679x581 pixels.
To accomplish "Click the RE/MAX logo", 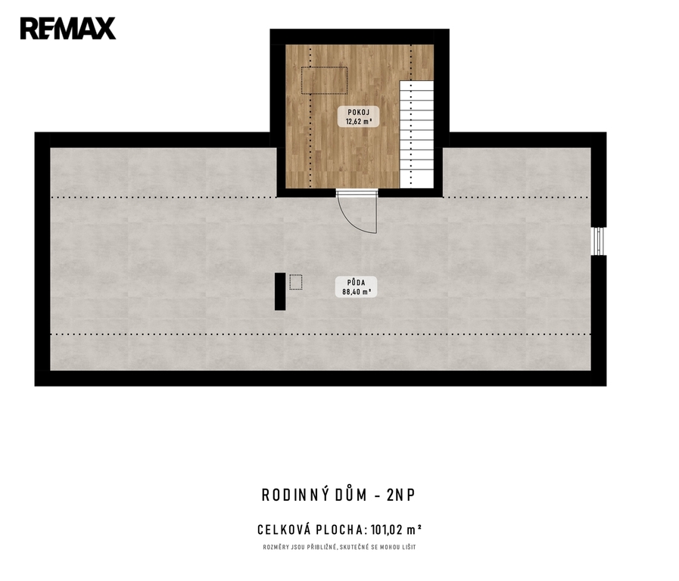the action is [68, 29].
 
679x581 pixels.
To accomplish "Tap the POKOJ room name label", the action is [359, 113].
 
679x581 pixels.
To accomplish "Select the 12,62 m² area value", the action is [359, 122].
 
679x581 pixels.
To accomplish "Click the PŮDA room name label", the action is [356, 282].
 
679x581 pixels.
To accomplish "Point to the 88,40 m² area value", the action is [357, 292].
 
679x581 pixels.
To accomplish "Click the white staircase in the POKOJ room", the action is [416, 134].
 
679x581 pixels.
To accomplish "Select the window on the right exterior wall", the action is [599, 241].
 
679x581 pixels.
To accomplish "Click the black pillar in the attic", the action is [280, 291].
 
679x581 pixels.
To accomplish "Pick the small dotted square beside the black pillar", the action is [296, 282].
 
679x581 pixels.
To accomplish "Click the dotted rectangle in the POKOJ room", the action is [324, 80].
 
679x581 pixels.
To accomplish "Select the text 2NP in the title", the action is [401, 495].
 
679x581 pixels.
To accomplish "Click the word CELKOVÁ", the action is [284, 530].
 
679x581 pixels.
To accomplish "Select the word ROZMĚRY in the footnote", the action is [274, 547].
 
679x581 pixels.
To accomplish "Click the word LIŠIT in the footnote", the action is [409, 547].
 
